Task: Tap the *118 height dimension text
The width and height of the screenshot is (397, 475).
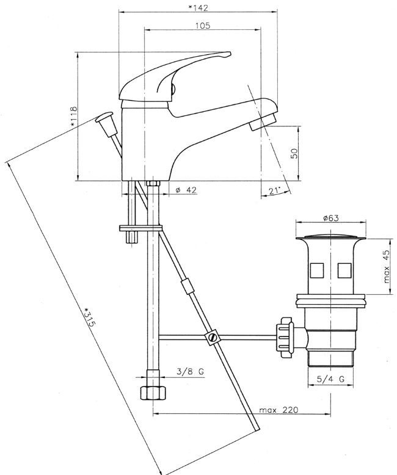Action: [73, 117]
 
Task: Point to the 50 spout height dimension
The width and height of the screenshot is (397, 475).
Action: [294, 152]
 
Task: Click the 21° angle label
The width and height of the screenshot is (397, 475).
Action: [274, 191]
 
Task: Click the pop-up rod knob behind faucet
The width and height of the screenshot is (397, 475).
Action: [105, 116]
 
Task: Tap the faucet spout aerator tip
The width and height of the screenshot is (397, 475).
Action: [264, 122]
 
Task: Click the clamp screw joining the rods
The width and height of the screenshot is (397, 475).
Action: [213, 337]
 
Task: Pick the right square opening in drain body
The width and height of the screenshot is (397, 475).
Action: [344, 269]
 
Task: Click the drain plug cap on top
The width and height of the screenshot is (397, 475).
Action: [331, 235]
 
